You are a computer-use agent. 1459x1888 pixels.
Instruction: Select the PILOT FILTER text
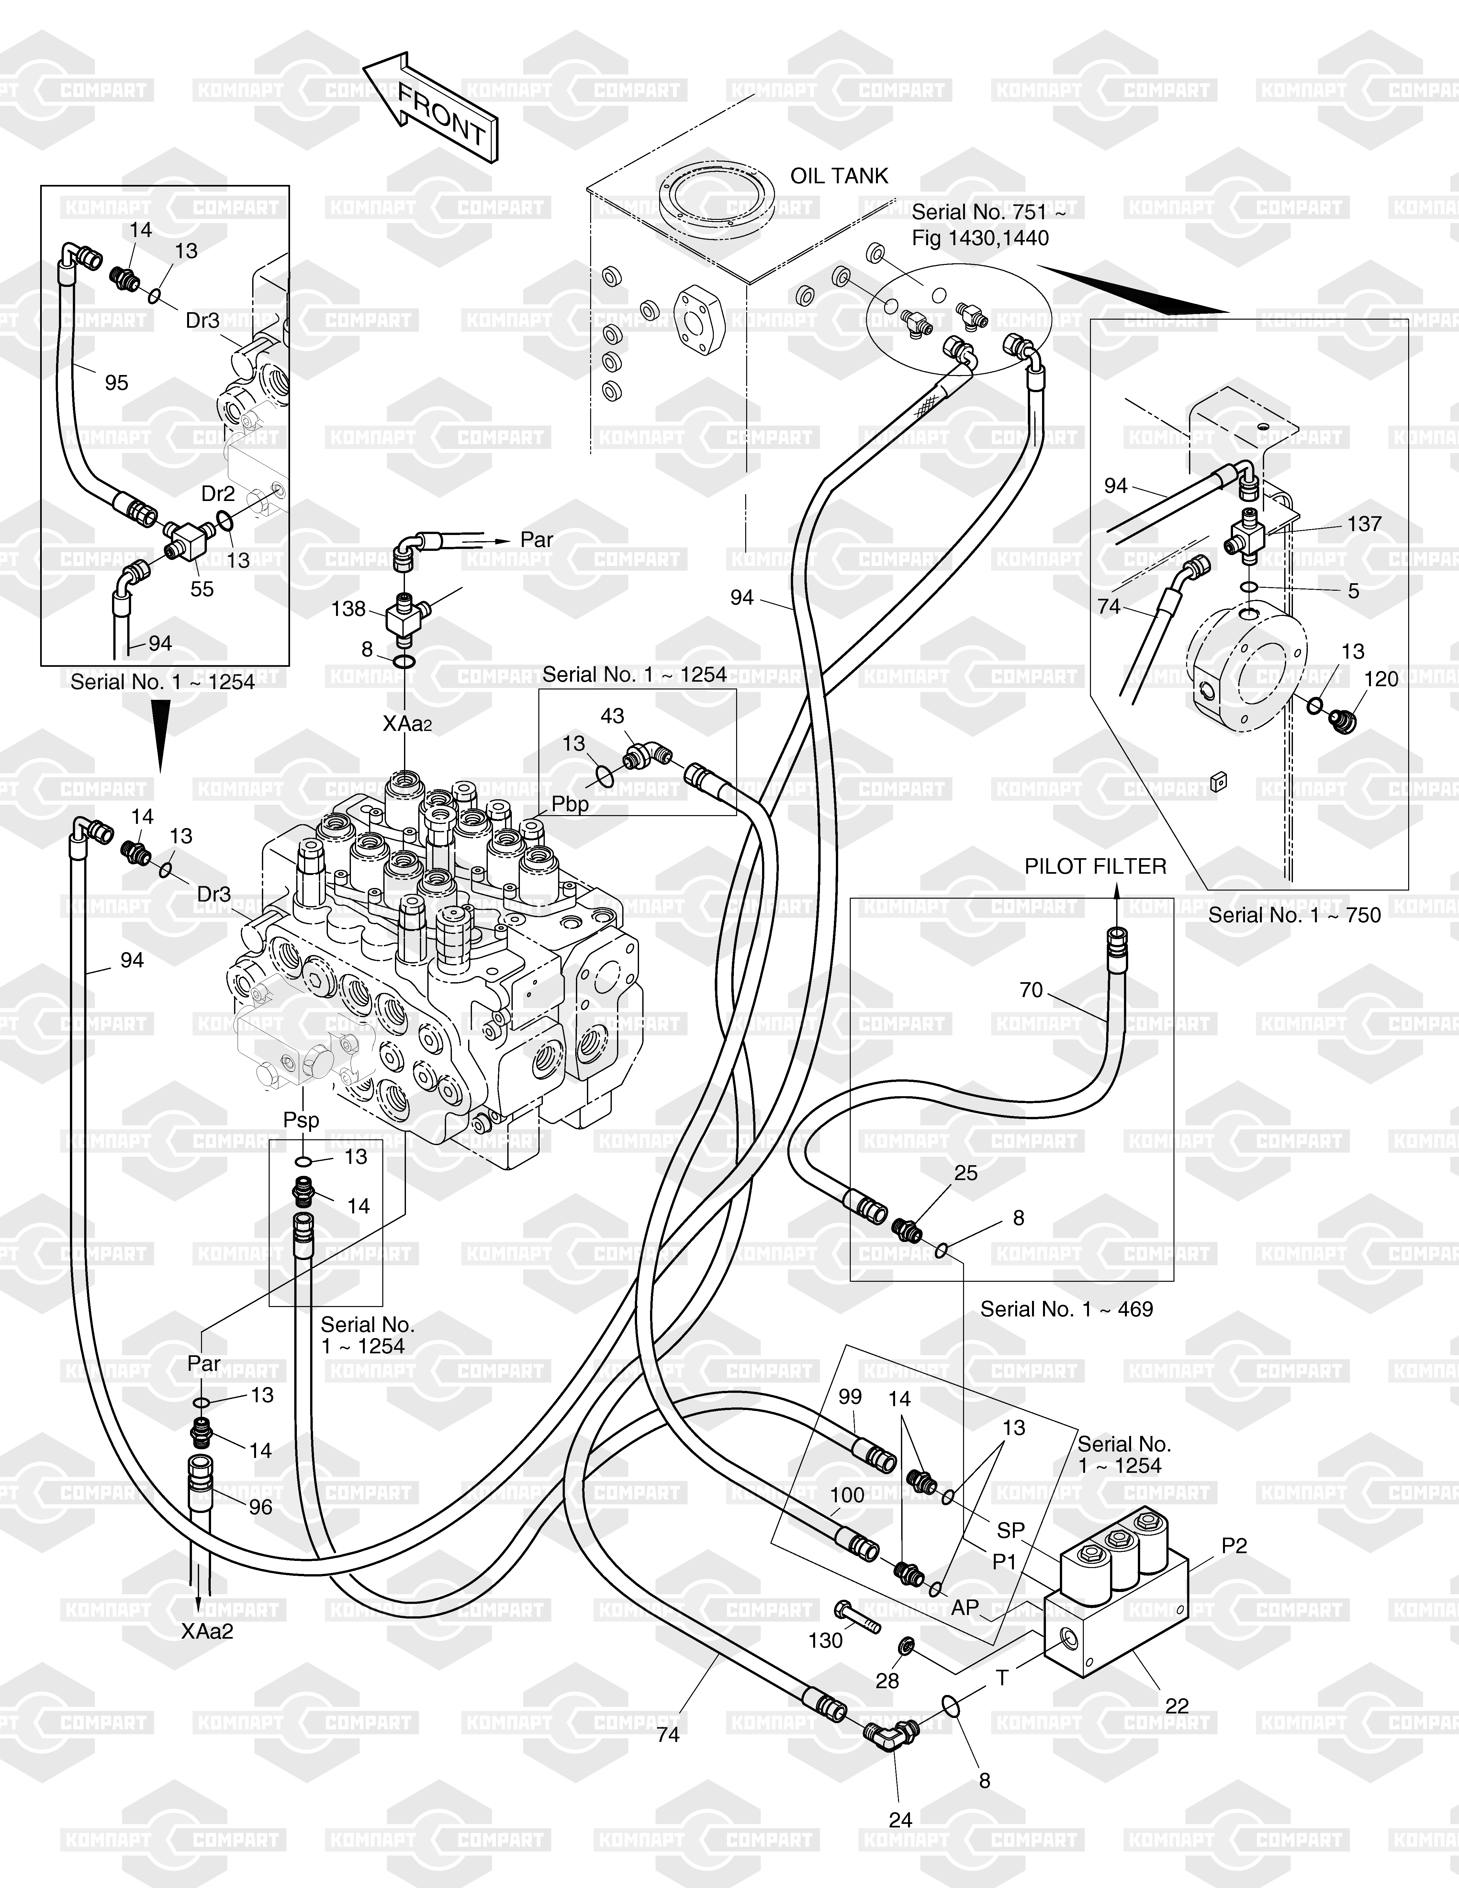pos(1095,866)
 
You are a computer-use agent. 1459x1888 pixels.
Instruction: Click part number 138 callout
pos(348,609)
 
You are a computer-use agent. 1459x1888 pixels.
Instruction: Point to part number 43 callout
pos(612,716)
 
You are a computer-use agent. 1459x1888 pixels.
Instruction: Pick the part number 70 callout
pos(1031,990)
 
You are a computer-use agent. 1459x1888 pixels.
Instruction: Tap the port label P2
pos(1234,1546)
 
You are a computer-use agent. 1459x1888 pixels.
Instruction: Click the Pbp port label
pos(570,804)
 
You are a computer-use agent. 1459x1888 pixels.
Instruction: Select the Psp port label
pos(302,1120)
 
